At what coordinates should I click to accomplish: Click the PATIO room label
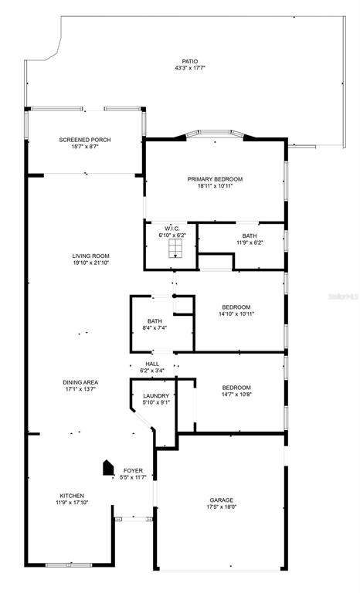(x=189, y=61)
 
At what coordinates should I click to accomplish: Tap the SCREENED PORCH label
(x=85, y=140)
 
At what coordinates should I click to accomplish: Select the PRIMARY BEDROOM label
(x=215, y=179)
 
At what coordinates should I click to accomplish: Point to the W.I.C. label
(x=172, y=229)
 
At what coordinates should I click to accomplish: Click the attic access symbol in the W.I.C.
(x=175, y=249)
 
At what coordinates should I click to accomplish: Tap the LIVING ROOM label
(x=91, y=256)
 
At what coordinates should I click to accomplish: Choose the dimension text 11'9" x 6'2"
(x=250, y=242)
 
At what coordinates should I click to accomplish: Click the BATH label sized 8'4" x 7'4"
(x=155, y=321)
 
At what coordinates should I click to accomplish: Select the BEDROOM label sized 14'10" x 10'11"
(x=236, y=307)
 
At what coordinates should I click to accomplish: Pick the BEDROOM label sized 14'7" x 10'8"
(x=236, y=388)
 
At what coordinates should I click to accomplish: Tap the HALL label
(x=152, y=364)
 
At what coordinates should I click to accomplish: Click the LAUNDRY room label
(x=156, y=396)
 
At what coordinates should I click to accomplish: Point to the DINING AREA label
(x=80, y=382)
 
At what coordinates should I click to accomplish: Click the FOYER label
(x=133, y=471)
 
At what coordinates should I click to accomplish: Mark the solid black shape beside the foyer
(x=108, y=467)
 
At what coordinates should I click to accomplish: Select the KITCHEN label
(x=72, y=496)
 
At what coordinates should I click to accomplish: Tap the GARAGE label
(x=222, y=500)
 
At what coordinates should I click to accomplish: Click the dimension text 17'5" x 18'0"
(x=222, y=507)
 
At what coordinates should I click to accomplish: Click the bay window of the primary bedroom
(x=215, y=132)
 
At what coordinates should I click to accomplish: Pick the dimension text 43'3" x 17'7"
(x=189, y=68)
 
